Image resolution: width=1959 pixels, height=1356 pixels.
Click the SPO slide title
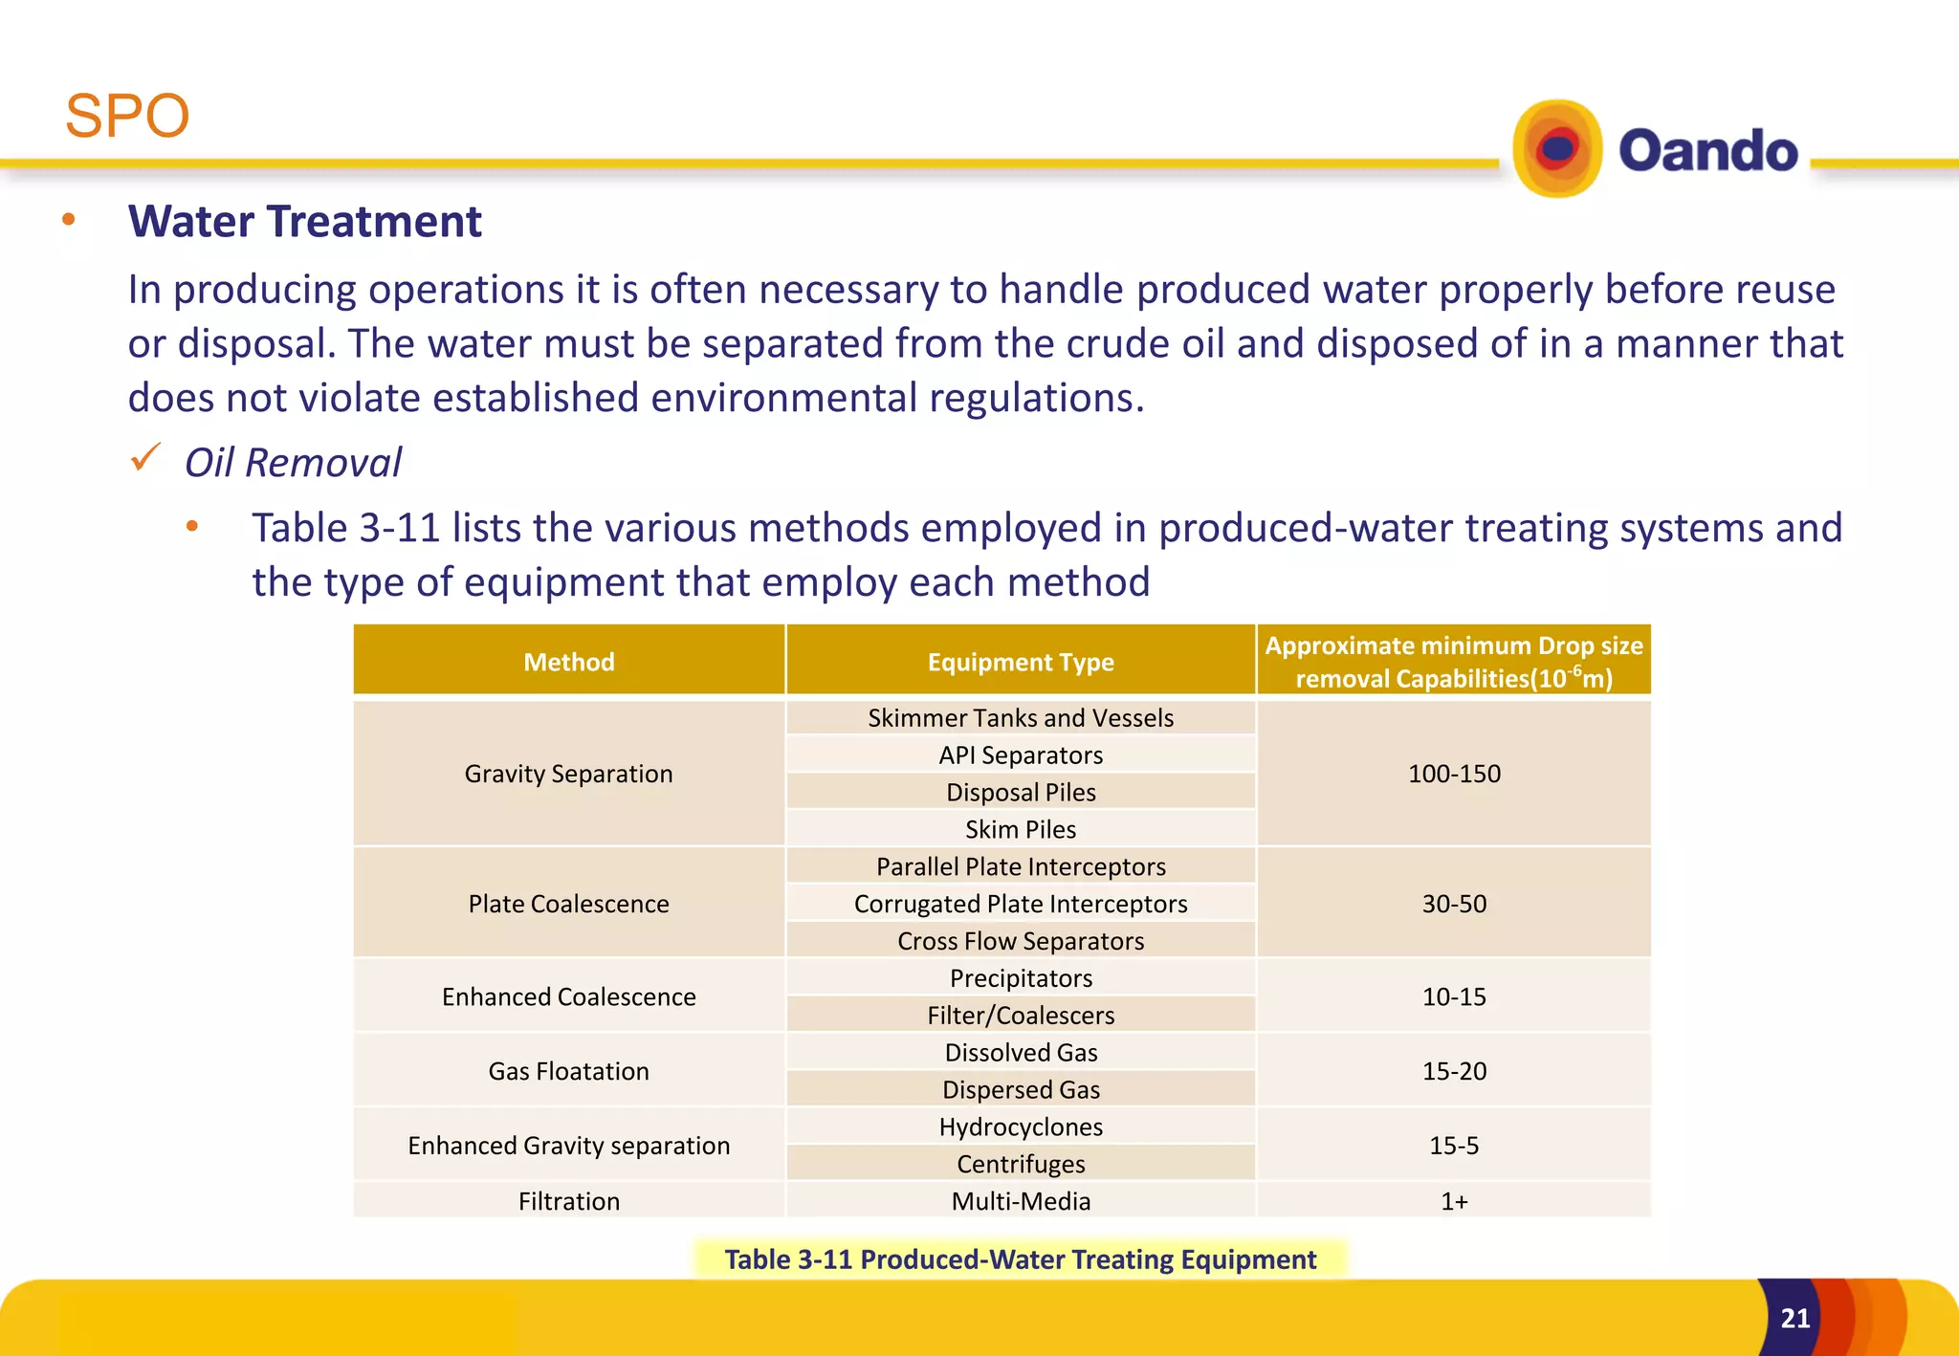pos(127,116)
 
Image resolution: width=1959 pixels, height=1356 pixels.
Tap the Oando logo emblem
pos(1556,149)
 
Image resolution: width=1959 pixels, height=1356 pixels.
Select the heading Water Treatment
pos(304,222)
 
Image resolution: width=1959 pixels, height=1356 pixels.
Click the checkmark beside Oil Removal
pos(145,459)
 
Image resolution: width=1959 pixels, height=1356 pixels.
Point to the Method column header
pos(568,662)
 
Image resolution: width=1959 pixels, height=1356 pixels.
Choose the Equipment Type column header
pos(1021,662)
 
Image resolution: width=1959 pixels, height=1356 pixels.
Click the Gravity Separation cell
pos(568,774)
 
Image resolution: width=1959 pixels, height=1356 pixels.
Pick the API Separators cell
pos(1021,755)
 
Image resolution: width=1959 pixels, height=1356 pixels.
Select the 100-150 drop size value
pos(1454,774)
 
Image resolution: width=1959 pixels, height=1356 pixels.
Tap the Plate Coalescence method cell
pos(568,904)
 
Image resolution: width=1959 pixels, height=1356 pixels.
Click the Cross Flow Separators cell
pos(1021,941)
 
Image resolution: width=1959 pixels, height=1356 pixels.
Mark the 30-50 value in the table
pos(1454,904)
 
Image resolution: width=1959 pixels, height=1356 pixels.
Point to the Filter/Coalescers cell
pos(1021,1016)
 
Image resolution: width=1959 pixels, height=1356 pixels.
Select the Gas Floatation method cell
pos(568,1071)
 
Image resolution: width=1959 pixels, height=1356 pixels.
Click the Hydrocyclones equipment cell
pos(1021,1127)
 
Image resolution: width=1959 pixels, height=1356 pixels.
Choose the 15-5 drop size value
pos(1454,1146)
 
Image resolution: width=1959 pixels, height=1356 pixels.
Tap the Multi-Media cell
pos(1021,1201)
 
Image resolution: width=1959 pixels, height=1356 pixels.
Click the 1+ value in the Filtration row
pos(1454,1201)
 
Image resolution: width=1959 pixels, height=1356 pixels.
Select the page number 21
pos(1794,1319)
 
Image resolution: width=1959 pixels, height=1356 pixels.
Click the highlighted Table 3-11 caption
pos(1020,1259)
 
